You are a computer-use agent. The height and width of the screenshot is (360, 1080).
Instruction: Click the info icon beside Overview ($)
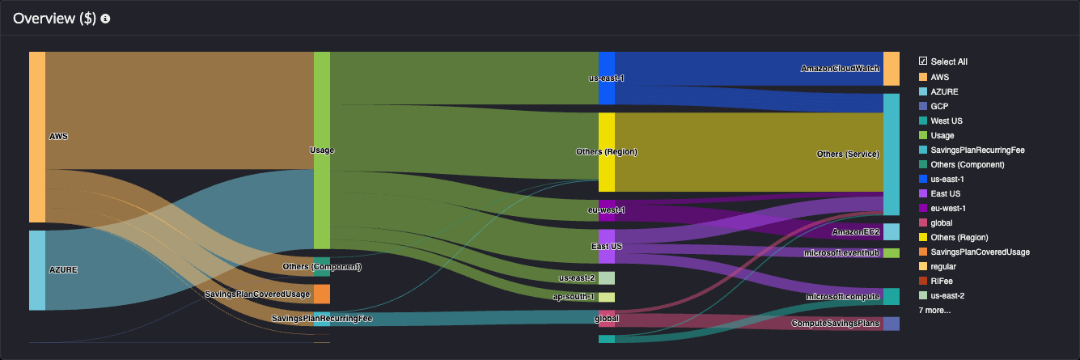[x=105, y=19]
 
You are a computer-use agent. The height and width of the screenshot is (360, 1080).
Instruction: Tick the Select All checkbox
[x=923, y=61]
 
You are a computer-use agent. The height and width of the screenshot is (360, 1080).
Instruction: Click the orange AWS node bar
[x=37, y=137]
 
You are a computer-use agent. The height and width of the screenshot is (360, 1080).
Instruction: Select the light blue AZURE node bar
[x=37, y=269]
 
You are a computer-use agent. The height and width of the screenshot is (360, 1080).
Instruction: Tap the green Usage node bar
[x=321, y=150]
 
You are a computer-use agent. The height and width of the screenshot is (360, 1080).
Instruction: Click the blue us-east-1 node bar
[x=607, y=78]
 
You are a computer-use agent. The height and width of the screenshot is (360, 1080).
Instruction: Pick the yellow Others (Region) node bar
[x=607, y=152]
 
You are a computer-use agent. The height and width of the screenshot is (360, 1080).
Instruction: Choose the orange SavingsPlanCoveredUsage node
[x=321, y=294]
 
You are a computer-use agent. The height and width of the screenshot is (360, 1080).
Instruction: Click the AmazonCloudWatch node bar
[x=891, y=69]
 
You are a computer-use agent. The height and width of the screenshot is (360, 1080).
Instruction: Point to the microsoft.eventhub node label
[x=842, y=253]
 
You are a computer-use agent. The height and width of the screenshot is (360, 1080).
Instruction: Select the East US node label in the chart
[x=605, y=246]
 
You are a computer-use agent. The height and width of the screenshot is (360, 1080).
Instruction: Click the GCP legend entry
[x=939, y=106]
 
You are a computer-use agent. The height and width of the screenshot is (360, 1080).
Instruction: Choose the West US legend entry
[x=946, y=121]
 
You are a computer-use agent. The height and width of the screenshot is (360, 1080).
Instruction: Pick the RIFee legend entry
[x=941, y=281]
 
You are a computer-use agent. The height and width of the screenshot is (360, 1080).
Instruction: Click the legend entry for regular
[x=944, y=266]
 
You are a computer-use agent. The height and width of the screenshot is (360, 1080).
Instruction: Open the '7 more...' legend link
[x=934, y=310]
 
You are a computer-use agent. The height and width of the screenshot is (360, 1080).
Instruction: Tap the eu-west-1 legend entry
[x=948, y=208]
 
